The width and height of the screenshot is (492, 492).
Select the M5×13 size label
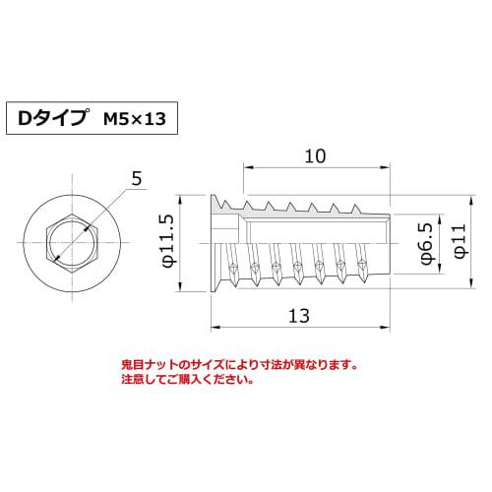tap(136, 119)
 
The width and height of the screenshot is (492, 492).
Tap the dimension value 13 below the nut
tap(301, 316)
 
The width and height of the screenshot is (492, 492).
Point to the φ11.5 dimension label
tap(167, 241)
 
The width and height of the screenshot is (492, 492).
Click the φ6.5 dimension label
tap(426, 242)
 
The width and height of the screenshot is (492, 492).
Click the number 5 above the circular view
tap(136, 177)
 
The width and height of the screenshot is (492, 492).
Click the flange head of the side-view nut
tap(219, 241)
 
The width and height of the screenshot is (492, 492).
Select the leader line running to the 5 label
tap(108, 205)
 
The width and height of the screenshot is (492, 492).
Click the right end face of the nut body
tap(392, 241)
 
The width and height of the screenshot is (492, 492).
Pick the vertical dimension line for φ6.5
tap(412, 241)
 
